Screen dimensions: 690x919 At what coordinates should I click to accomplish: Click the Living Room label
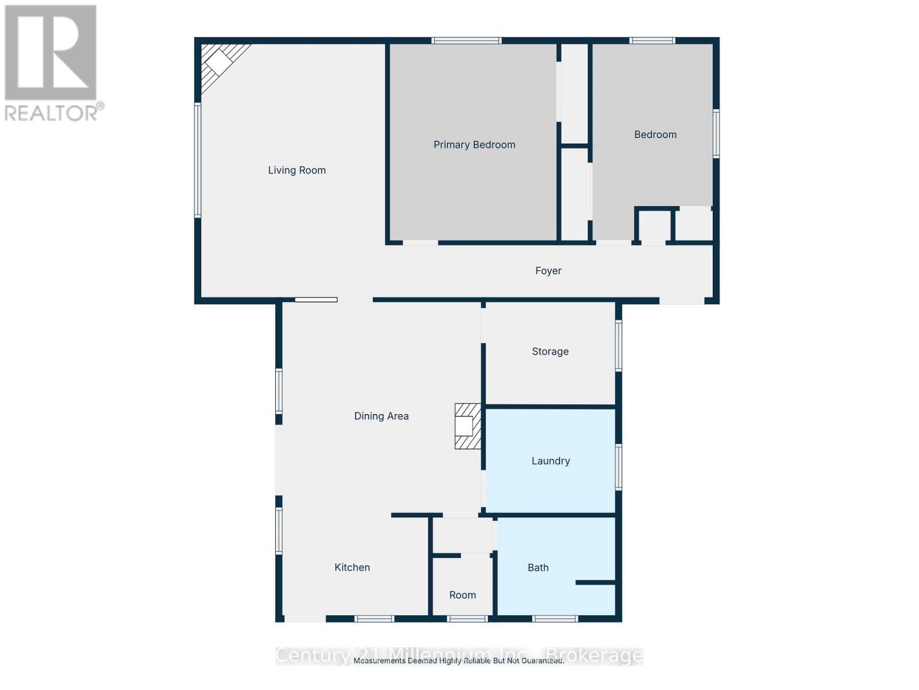[296, 170]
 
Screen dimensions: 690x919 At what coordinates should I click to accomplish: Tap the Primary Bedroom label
[474, 145]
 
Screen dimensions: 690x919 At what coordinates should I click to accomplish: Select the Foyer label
[548, 271]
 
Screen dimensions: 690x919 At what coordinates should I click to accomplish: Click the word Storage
[550, 351]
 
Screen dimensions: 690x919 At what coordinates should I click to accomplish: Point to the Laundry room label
[550, 461]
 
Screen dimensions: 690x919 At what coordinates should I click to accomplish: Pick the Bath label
[538, 568]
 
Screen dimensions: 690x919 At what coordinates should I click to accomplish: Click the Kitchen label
[352, 568]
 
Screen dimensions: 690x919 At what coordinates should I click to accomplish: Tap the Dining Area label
[381, 416]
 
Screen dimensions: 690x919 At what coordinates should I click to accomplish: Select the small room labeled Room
[462, 595]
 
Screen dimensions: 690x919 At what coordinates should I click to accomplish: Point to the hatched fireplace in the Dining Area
[467, 426]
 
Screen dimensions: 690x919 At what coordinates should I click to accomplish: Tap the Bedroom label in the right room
[655, 135]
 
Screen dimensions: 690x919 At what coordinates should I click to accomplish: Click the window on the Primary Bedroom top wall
[466, 41]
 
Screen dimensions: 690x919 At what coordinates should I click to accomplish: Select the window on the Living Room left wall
[198, 160]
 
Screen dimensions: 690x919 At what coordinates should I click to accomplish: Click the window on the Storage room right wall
[619, 345]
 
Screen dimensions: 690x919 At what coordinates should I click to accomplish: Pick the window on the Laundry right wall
[619, 467]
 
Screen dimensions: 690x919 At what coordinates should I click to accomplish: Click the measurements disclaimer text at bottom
[458, 661]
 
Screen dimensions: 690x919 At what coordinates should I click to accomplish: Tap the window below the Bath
[554, 619]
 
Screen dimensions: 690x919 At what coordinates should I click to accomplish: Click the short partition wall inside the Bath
[595, 582]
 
